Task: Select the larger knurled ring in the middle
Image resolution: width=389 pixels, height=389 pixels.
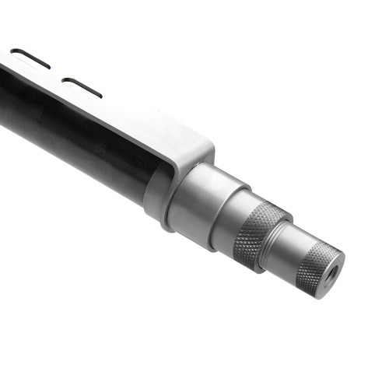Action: (259, 233)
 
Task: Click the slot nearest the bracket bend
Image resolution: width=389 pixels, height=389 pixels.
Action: (82, 87)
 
